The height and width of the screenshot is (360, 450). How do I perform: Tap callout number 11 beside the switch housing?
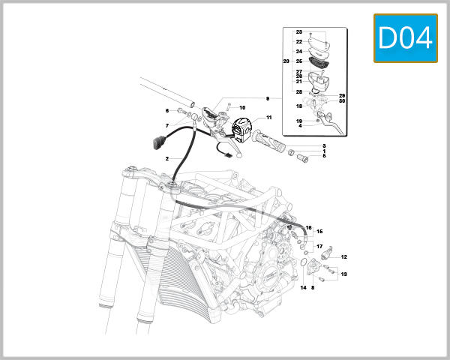click(x=268, y=118)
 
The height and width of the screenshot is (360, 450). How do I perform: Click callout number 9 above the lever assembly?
click(x=266, y=99)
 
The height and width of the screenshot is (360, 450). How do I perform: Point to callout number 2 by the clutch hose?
click(x=167, y=159)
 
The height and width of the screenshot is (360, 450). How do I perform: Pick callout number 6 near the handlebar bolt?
click(x=167, y=111)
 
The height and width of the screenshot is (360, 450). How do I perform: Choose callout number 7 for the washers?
click(x=167, y=125)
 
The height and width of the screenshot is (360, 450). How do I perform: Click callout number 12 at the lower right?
click(x=343, y=257)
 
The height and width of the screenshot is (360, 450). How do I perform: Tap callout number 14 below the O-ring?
click(x=304, y=287)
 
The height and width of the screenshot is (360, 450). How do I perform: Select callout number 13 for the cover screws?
click(x=343, y=274)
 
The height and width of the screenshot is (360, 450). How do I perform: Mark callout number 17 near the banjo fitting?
click(x=319, y=246)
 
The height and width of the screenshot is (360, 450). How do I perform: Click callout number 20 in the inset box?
click(x=286, y=61)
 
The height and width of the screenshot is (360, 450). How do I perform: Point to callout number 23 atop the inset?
click(x=298, y=32)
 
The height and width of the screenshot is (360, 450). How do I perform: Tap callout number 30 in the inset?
click(x=341, y=102)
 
